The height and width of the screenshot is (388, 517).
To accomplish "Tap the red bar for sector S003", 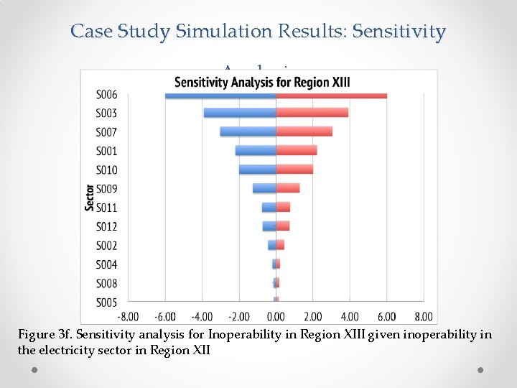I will [312, 113].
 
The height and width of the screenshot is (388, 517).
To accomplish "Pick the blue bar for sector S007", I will [248, 131].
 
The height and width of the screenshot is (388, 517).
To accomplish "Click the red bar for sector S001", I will [296, 150].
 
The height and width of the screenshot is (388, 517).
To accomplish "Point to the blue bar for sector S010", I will [257, 170].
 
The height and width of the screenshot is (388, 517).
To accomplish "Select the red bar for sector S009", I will [287, 188].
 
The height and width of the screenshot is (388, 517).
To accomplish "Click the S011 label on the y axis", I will [106, 208].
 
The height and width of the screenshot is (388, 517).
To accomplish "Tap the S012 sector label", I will [106, 226].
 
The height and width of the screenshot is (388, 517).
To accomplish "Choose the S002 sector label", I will [106, 246].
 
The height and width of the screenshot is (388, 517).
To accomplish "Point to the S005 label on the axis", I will [106, 302].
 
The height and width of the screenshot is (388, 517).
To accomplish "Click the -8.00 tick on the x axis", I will [129, 317].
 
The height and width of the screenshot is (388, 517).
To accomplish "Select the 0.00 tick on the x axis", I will [276, 317].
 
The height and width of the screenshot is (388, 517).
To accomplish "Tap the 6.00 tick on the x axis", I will [386, 317].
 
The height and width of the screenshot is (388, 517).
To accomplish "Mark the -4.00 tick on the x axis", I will [202, 317].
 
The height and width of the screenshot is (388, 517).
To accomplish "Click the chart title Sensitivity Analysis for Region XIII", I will [262, 82].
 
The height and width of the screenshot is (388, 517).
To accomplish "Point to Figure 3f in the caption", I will [45, 335].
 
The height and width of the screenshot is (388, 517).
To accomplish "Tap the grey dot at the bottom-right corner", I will [480, 369].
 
